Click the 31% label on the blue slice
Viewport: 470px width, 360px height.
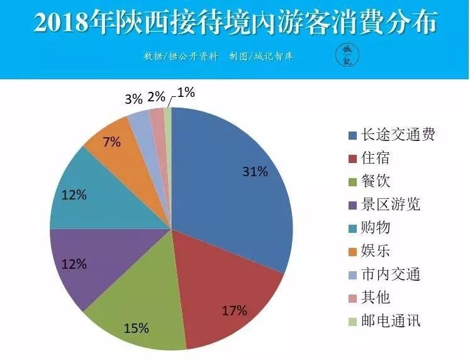tap(255, 172)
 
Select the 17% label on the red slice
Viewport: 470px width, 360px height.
tap(234, 310)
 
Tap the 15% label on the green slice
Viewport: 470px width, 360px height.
tap(137, 329)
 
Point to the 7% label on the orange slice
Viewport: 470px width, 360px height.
tap(111, 142)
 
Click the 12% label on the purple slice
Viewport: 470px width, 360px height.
tap(74, 264)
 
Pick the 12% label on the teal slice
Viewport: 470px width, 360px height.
tap(74, 195)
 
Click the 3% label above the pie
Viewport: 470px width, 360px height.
tap(133, 99)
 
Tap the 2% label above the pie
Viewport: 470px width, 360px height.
tap(156, 97)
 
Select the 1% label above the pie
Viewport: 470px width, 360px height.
tap(186, 93)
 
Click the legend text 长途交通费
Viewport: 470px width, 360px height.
tap(398, 135)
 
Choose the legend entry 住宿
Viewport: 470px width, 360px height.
tap(375, 158)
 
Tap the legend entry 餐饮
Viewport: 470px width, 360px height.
tap(375, 181)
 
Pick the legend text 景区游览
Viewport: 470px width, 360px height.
tap(390, 205)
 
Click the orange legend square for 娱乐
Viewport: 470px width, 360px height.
tap(353, 252)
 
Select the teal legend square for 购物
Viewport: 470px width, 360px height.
tap(353, 228)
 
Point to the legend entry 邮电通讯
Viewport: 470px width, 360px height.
tap(390, 321)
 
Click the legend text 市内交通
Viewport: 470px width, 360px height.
tap(390, 274)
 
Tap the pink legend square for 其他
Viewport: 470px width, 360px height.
tap(353, 298)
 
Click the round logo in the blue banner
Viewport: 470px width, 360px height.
tap(347, 55)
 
